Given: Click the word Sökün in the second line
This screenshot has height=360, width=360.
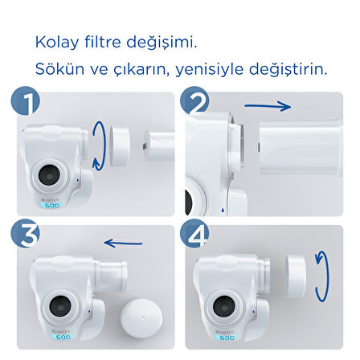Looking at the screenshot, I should pos(55,68).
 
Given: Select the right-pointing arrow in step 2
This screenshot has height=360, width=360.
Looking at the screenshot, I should pos(267,105).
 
